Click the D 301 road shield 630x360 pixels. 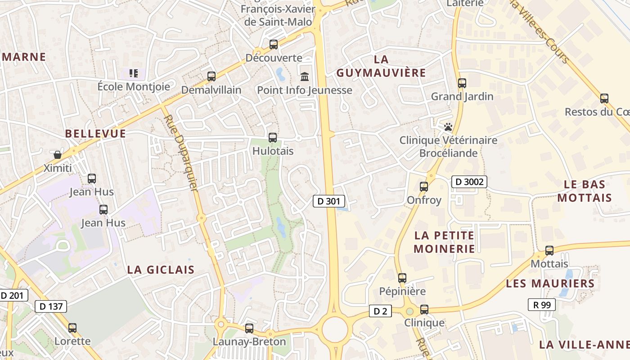point(329,201)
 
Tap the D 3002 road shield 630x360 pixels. point(469,182)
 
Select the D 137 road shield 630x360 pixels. point(51,306)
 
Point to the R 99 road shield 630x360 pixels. point(542,305)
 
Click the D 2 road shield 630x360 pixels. point(380,310)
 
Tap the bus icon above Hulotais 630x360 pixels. point(273,138)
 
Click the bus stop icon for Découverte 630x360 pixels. point(274,45)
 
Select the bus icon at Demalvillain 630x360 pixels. point(211,76)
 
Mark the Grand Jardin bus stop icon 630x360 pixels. point(462,83)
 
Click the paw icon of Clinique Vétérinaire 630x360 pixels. point(448,127)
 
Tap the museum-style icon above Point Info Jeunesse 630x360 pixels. point(305,77)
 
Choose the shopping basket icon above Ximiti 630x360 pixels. point(58,155)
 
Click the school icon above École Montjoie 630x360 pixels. point(134,73)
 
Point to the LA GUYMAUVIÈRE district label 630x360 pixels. point(381,66)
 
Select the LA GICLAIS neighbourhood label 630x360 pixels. point(161,270)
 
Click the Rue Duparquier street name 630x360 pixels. point(181,153)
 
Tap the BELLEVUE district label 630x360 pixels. point(95,134)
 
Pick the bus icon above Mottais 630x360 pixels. point(549,251)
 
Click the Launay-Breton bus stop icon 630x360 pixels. point(249,328)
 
